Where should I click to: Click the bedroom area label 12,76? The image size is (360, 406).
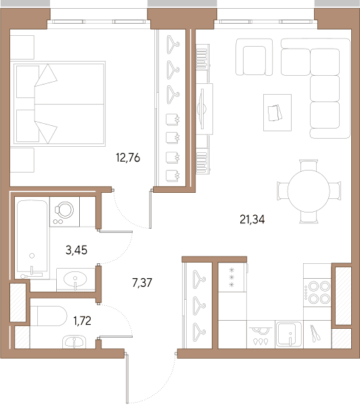point(128,158)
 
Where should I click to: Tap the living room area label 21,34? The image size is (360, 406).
point(252,219)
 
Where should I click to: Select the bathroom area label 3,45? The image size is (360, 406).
point(76,250)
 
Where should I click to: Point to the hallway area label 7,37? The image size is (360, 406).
point(142,282)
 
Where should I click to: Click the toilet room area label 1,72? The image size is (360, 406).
point(83,321)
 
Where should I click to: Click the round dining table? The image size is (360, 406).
point(309,191)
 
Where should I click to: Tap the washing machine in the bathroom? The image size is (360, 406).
point(64,212)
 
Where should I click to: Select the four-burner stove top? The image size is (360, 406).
point(317,292)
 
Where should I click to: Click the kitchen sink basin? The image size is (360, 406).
point(289,334)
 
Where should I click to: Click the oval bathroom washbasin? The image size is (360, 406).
point(75,279)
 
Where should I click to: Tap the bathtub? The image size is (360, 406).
point(32,238)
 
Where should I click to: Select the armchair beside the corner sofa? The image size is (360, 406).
point(254,57)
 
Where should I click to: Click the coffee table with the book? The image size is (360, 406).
point(277,112)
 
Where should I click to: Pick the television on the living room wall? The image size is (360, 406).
point(202,108)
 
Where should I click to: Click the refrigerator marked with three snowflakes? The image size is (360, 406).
point(232,277)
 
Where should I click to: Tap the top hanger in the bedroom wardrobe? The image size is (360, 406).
point(173,45)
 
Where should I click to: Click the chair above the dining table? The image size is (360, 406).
point(309,165)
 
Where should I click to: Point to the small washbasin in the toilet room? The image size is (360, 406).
point(74,342)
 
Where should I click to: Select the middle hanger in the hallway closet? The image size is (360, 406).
point(199,306)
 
